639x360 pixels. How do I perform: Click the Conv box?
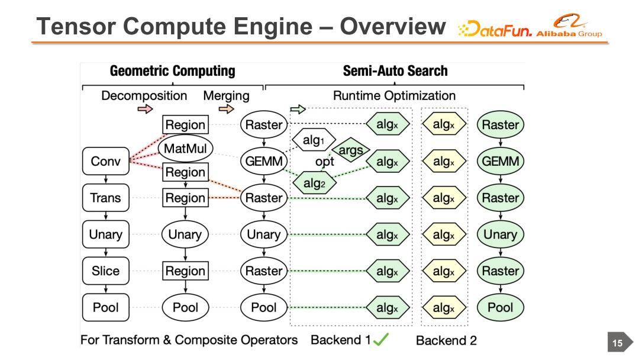pos(105,161)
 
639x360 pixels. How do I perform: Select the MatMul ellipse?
pos(185,147)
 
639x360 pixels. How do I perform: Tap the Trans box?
pos(105,198)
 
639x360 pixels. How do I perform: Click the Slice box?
pos(105,271)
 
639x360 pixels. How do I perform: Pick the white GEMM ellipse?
pos(263,161)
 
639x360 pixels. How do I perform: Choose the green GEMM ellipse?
pos(501,161)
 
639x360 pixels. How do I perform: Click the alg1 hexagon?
pos(312,140)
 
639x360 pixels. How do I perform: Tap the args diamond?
pos(351,150)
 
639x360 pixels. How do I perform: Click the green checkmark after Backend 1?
pos(381,340)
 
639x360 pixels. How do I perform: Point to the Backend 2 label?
pos(446,340)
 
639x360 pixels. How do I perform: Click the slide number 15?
pos(617,343)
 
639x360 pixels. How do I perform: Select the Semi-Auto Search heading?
pos(395,72)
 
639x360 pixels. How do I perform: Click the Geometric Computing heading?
pos(172,72)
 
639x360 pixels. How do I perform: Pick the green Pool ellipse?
pos(501,307)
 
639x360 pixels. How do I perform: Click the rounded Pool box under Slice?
pos(105,307)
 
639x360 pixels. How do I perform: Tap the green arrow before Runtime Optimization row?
pos(298,109)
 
